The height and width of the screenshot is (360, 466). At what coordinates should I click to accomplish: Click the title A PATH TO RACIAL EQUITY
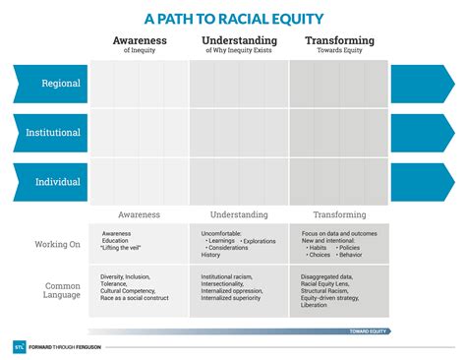[234, 18]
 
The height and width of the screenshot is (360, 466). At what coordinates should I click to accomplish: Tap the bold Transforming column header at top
[339, 40]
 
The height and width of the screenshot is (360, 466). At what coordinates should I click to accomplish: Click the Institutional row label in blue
[55, 132]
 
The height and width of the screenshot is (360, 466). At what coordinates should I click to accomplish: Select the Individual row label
[58, 181]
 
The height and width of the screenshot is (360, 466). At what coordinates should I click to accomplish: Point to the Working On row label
[57, 244]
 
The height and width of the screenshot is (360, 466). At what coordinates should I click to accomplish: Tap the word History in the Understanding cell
[213, 255]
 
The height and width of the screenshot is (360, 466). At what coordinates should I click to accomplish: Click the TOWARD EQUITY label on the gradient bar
[369, 331]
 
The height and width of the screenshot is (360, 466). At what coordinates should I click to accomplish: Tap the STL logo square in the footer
[20, 347]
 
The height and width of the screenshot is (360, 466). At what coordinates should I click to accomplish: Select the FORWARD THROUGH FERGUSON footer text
[69, 347]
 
